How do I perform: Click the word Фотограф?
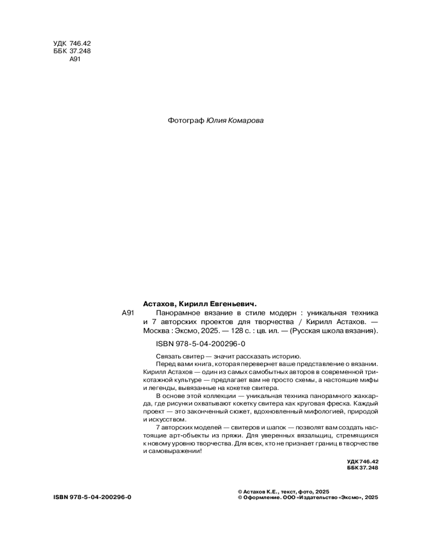click(186, 121)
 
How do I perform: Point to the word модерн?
click(279, 313)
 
